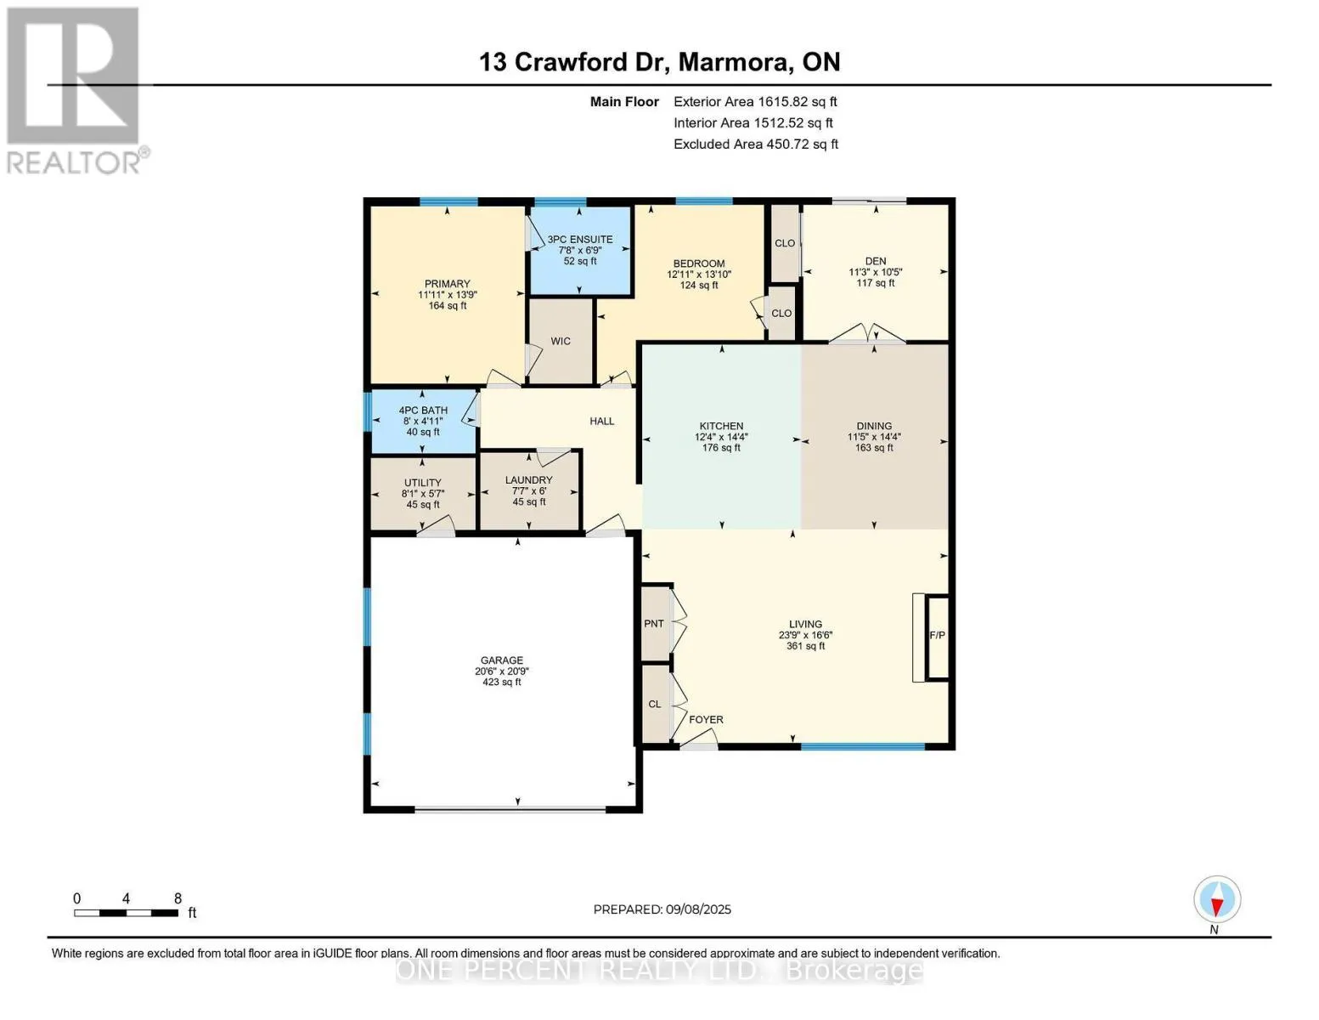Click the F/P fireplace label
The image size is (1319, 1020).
pyautogui.click(x=937, y=636)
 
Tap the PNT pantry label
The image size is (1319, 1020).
pyautogui.click(x=654, y=624)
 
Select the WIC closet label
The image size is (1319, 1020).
pyautogui.click(x=561, y=342)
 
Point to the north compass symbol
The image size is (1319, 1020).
pyautogui.click(x=1217, y=899)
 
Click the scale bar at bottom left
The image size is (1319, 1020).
pyautogui.click(x=127, y=913)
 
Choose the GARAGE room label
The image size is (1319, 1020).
pyautogui.click(x=502, y=660)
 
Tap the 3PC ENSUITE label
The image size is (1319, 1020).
pyautogui.click(x=580, y=240)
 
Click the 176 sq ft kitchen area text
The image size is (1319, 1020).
pyautogui.click(x=721, y=448)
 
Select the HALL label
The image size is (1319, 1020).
pyautogui.click(x=602, y=421)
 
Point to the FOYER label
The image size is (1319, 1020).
pyautogui.click(x=706, y=719)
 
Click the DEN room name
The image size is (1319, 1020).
pyautogui.click(x=876, y=261)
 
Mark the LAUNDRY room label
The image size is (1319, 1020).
pyautogui.click(x=528, y=480)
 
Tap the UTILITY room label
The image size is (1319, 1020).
pyautogui.click(x=423, y=483)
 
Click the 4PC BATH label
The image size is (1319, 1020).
pyautogui.click(x=423, y=411)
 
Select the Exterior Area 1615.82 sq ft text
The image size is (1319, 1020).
pyautogui.click(x=755, y=101)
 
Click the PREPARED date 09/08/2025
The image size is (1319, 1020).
pyautogui.click(x=698, y=909)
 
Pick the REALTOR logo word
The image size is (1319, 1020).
pyautogui.click(x=73, y=162)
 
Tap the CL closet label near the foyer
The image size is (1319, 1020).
pyautogui.click(x=654, y=704)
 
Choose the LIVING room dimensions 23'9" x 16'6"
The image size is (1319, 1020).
pyautogui.click(x=805, y=636)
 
